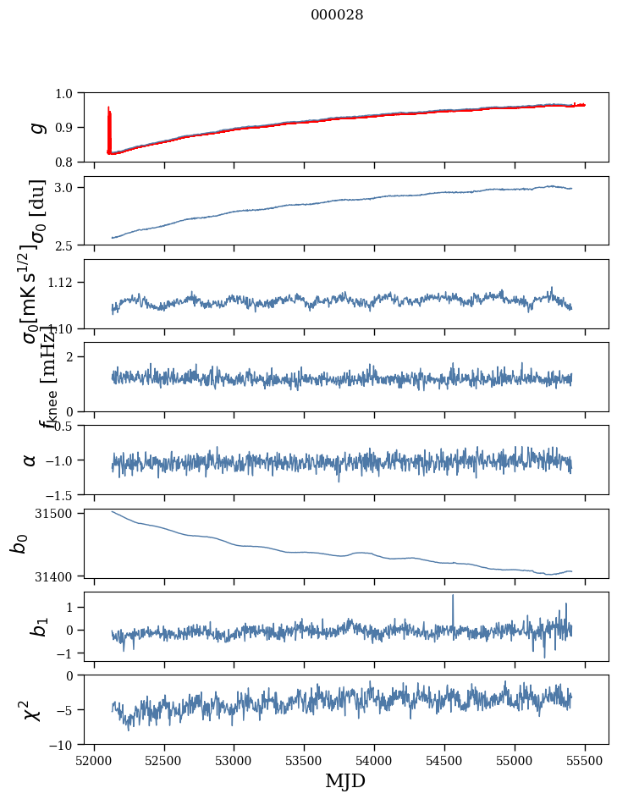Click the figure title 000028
click(337, 14)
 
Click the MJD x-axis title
click(345, 780)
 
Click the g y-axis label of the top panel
click(35, 127)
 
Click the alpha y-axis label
click(30, 459)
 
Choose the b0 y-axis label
click(19, 543)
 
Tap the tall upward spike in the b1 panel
click(453, 598)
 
